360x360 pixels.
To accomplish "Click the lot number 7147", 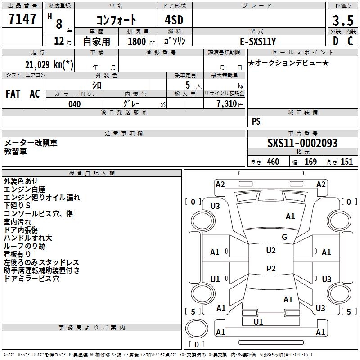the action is tap(22, 19).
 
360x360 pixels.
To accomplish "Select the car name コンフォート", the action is tap(116, 20).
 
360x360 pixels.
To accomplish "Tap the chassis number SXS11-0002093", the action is tap(302, 143).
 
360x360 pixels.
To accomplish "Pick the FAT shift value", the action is tap(13, 94).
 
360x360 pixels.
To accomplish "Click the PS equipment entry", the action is tap(256, 121).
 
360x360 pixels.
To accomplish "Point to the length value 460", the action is tap(273, 162).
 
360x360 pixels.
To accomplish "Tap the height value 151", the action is tap(346, 162).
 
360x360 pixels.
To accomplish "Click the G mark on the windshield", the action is tap(284, 237).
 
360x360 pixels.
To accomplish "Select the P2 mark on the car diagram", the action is tap(271, 268).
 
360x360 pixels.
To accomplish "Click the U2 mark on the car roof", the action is tap(271, 251).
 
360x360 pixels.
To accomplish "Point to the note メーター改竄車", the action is tap(31, 143).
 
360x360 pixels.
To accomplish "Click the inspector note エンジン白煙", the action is tap(24, 189).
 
